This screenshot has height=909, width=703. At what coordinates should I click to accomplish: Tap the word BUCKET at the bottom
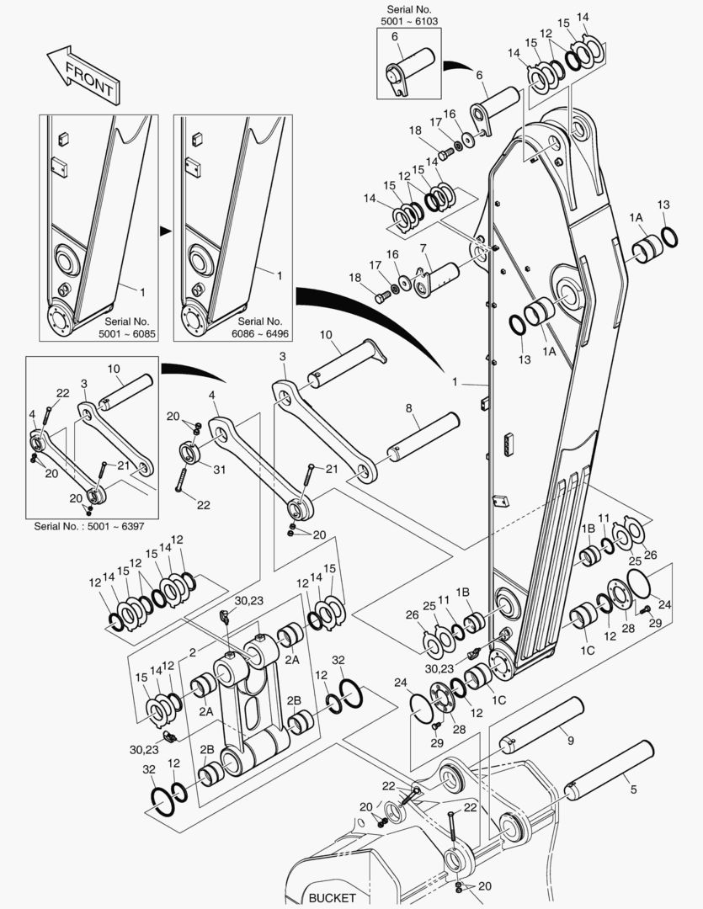(x=332, y=897)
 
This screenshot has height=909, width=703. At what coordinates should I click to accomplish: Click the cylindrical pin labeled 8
(x=423, y=437)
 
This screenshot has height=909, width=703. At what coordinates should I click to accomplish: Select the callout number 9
(x=570, y=741)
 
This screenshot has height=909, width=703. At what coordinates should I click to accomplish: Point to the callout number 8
(x=409, y=408)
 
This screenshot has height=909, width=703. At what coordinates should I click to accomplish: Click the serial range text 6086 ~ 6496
(x=260, y=332)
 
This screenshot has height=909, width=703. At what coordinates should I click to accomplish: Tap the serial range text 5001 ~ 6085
(x=126, y=332)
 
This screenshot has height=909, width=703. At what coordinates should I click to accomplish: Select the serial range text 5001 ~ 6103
(x=408, y=20)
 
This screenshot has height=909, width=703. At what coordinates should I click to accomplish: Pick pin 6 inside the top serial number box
(x=410, y=67)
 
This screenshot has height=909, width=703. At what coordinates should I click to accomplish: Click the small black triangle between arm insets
(x=166, y=228)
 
